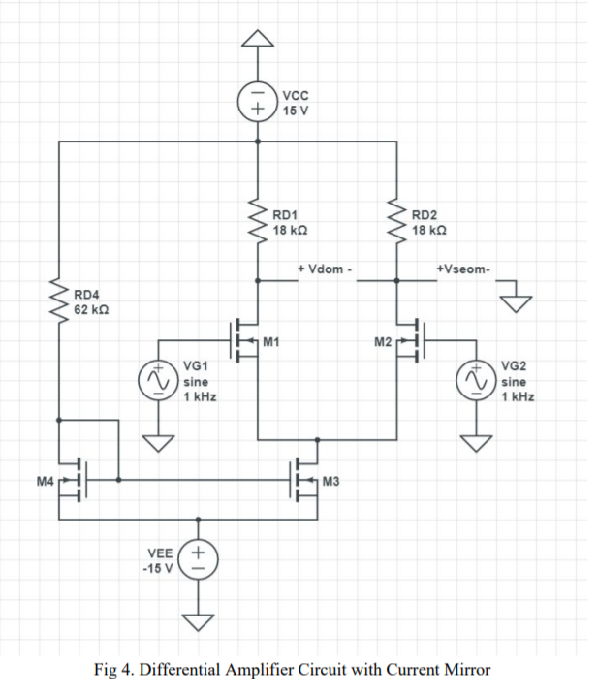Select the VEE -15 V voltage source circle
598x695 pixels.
coord(198,558)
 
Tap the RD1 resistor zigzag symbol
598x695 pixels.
coord(257,224)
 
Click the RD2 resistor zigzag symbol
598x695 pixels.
coord(396,224)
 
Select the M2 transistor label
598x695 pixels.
coord(382,341)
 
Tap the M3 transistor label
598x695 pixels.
coord(330,481)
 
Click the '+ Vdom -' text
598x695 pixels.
coord(325,269)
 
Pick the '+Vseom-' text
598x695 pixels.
coord(464,269)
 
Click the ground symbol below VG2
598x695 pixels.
coord(476,443)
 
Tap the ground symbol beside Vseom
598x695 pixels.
coord(516,301)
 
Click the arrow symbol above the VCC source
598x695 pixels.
coord(257,38)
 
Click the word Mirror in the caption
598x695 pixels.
coord(465,670)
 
